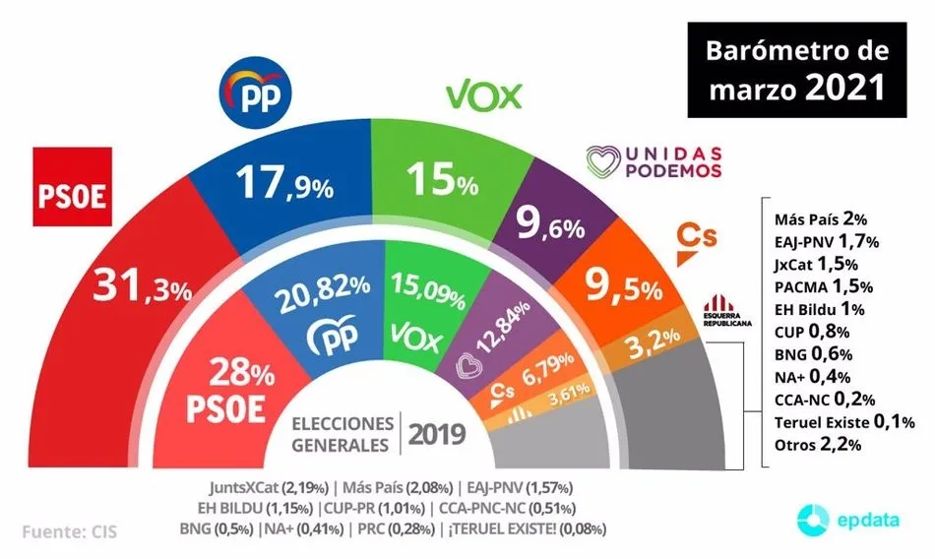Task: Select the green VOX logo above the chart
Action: point(483,94)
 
